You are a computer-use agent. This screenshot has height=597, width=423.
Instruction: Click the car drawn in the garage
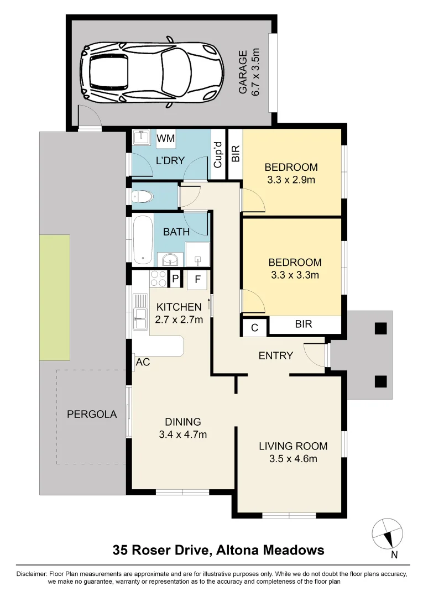pyautogui.click(x=152, y=71)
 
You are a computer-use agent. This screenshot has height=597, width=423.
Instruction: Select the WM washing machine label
pyautogui.click(x=165, y=138)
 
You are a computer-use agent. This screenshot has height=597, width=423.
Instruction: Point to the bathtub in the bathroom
pyautogui.click(x=143, y=239)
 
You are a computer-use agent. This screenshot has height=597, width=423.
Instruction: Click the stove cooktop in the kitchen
pyautogui.click(x=158, y=279)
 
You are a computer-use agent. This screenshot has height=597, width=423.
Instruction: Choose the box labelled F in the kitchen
pyautogui.click(x=197, y=280)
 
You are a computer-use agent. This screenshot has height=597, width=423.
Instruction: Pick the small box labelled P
pyautogui.click(x=175, y=280)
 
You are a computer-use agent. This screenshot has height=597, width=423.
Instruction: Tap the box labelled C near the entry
pyautogui.click(x=254, y=327)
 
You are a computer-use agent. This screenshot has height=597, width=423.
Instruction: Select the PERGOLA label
pyautogui.click(x=92, y=414)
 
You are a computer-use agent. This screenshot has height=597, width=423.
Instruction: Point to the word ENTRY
pyautogui.click(x=275, y=356)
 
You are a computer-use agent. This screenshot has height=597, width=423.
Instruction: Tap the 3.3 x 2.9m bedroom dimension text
pyautogui.click(x=291, y=180)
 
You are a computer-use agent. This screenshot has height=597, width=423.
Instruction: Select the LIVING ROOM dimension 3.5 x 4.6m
pyautogui.click(x=293, y=458)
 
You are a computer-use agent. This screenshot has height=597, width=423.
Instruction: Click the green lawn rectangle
pyautogui.click(x=54, y=297)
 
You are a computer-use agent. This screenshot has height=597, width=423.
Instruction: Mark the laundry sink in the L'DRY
pyautogui.click(x=143, y=137)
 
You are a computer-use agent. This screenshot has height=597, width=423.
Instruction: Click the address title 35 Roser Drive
pyautogui.click(x=218, y=550)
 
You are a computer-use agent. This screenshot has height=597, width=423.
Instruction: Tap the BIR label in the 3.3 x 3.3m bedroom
pyautogui.click(x=304, y=325)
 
